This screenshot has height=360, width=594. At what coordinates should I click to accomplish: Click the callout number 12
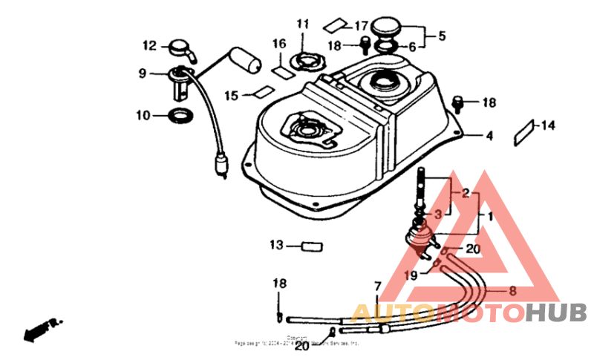click(x=149, y=46)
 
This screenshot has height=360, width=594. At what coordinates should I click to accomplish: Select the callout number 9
click(x=142, y=73)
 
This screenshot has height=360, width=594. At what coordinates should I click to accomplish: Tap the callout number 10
click(x=143, y=115)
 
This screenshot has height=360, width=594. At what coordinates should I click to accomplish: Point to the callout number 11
click(x=301, y=24)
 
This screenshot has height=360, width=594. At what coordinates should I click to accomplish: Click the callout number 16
click(x=278, y=45)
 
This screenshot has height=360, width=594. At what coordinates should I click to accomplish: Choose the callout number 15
click(x=231, y=96)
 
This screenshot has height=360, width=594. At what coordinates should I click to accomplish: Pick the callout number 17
click(x=361, y=24)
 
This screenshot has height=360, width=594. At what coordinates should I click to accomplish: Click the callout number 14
click(x=547, y=125)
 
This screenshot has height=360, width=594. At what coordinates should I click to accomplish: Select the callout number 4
click(x=489, y=137)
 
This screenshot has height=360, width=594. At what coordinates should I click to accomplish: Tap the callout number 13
click(x=276, y=245)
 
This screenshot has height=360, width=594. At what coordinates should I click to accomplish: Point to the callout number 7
click(x=376, y=285)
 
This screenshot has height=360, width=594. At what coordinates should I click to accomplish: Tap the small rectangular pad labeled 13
click(x=311, y=246)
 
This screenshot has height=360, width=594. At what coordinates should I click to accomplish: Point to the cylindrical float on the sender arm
click(x=246, y=59)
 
